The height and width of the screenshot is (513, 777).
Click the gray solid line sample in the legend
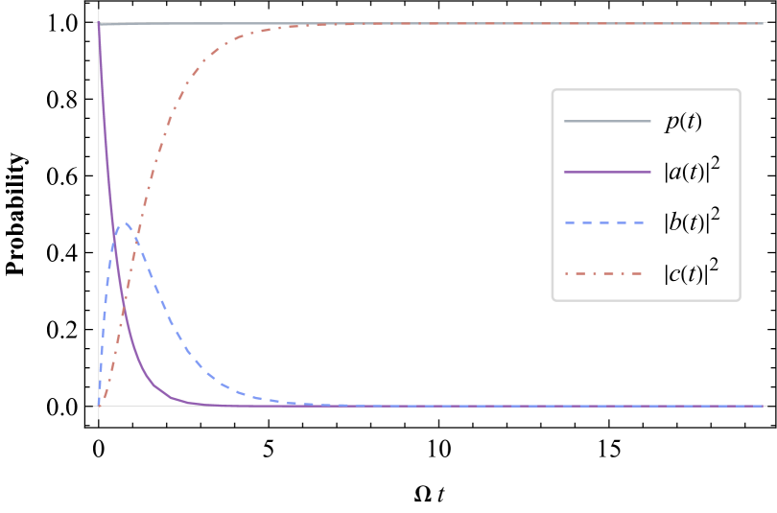pyautogui.click(x=606, y=121)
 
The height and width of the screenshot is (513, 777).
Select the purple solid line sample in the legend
pyautogui.click(x=606, y=172)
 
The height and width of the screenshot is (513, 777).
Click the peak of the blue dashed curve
pyautogui.click(x=124, y=224)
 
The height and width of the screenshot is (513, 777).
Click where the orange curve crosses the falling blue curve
pyautogui.click(x=135, y=242)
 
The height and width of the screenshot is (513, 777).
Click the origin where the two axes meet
pyautogui.click(x=98, y=406)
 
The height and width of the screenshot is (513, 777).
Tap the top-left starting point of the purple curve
pyautogui.click(x=99, y=24)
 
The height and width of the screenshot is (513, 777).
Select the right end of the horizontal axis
pyautogui.click(x=765, y=406)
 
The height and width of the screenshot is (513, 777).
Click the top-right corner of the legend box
pyautogui.click(x=739, y=90)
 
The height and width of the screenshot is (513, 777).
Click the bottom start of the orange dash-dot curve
pyautogui.click(x=102, y=401)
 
